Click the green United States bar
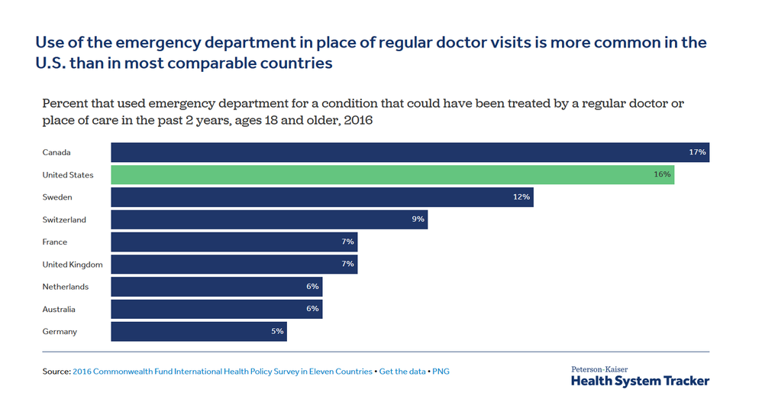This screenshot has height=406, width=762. pos(392,175)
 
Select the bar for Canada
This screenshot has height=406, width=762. pos(410,152)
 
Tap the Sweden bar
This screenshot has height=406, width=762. pos(322,197)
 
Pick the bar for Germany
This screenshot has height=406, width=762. pos(199,332)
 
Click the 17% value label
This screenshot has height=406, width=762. pos(697,152)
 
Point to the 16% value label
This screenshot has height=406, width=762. pos(663,174)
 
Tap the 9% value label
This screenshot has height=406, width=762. pos(418,219)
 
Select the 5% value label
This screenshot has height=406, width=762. pos(277,331)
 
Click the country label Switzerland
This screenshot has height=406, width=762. pos(64,219)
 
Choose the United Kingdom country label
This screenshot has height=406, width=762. pos(73,265)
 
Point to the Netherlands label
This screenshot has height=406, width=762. pos(66,287)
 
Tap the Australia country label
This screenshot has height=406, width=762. pos(59,309)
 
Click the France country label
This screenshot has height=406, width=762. pos(55,242)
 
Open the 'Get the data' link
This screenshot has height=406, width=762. pos(402,372)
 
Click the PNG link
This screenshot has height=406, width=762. pos(441,372)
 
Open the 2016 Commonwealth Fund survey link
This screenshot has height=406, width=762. pos(223,372)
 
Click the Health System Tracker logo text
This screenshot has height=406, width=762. pos(640,381)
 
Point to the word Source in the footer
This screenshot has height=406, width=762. pos(57,372)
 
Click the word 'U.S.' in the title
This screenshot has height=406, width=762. pos(50,63)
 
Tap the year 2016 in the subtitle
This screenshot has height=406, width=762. pos(358,120)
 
